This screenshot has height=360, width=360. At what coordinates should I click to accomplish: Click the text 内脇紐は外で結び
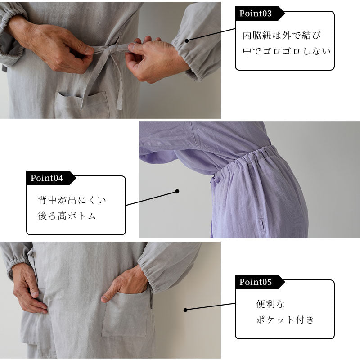click(x=282, y=35)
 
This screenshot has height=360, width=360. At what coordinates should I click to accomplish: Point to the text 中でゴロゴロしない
click(x=286, y=51)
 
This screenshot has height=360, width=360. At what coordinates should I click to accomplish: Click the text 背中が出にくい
click(x=72, y=200)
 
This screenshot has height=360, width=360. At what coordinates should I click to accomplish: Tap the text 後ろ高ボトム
click(x=67, y=216)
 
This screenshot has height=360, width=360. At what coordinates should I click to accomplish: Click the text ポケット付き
click(x=285, y=320)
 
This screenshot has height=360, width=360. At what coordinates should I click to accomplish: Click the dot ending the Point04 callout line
click(x=177, y=191)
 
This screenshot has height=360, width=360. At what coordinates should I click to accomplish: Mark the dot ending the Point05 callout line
click(x=185, y=310)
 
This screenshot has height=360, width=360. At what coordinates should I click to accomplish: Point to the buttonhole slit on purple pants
click(x=262, y=225)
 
